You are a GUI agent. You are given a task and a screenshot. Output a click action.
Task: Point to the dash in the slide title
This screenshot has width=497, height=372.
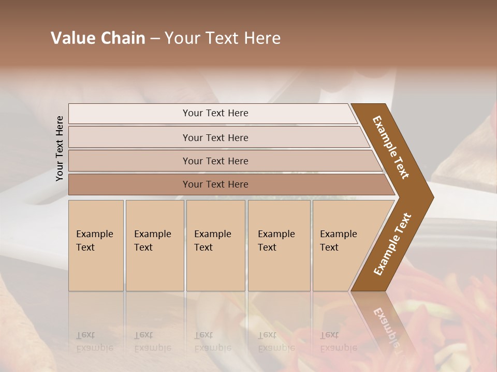[x=155, y=39]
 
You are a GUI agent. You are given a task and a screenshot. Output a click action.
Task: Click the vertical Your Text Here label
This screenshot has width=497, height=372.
[x=60, y=148]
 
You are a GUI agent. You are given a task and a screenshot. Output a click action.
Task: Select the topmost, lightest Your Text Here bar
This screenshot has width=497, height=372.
[x=215, y=113]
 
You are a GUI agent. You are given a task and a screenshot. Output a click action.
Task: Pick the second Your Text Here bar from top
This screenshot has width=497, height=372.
[x=215, y=137]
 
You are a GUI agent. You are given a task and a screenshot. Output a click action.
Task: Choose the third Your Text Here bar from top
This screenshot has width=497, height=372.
[x=215, y=161]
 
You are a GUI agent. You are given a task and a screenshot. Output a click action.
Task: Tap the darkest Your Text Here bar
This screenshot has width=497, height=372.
[x=215, y=184]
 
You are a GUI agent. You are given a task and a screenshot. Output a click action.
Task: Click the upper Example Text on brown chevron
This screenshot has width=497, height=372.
[x=391, y=147]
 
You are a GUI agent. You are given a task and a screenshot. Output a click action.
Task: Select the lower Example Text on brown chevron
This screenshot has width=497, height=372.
[x=392, y=244]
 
